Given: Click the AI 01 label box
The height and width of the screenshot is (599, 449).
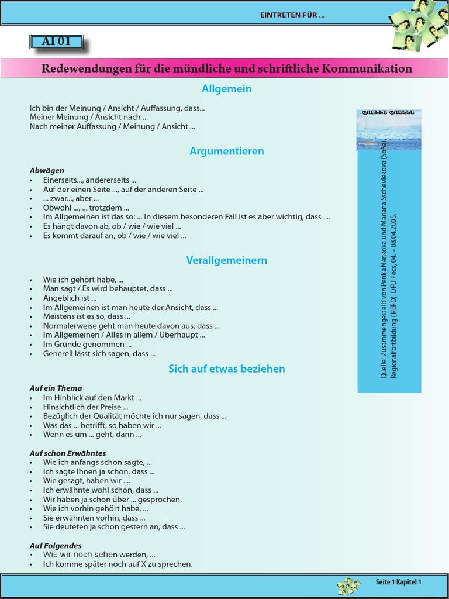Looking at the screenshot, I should pyautogui.click(x=56, y=42).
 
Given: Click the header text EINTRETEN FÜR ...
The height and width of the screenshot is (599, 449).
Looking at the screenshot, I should pyautogui.click(x=292, y=15).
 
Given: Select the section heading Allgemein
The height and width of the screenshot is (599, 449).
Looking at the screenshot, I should pyautogui.click(x=227, y=89).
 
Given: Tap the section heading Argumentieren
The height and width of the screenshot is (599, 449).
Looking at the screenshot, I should pyautogui.click(x=227, y=151).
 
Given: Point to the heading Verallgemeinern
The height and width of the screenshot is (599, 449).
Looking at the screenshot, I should pyautogui.click(x=227, y=260).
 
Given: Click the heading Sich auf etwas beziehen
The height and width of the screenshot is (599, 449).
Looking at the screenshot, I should pyautogui.click(x=227, y=369).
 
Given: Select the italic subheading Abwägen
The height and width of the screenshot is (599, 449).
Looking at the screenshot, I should pyautogui.click(x=47, y=170).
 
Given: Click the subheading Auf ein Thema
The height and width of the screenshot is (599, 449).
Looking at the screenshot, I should pyautogui.click(x=56, y=388).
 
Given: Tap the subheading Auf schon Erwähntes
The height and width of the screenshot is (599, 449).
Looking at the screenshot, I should pyautogui.click(x=68, y=453).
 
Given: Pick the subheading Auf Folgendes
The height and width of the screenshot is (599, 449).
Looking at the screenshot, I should pyautogui.click(x=56, y=545).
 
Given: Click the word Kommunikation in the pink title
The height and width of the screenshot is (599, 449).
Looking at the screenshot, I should pyautogui.click(x=370, y=68).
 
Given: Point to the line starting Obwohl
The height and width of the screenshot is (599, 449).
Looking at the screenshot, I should pyautogui.click(x=85, y=208).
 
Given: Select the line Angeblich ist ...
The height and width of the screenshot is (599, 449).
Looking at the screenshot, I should pyautogui.click(x=70, y=298).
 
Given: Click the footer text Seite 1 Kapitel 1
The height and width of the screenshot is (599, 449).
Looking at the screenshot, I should pyautogui.click(x=398, y=582).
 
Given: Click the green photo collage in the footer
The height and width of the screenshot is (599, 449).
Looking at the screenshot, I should pyautogui.click(x=348, y=586).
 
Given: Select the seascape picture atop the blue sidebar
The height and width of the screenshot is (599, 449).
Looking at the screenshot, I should pyautogui.click(x=388, y=130).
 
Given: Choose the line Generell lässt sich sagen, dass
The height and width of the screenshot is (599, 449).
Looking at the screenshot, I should pyautogui.click(x=99, y=354).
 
